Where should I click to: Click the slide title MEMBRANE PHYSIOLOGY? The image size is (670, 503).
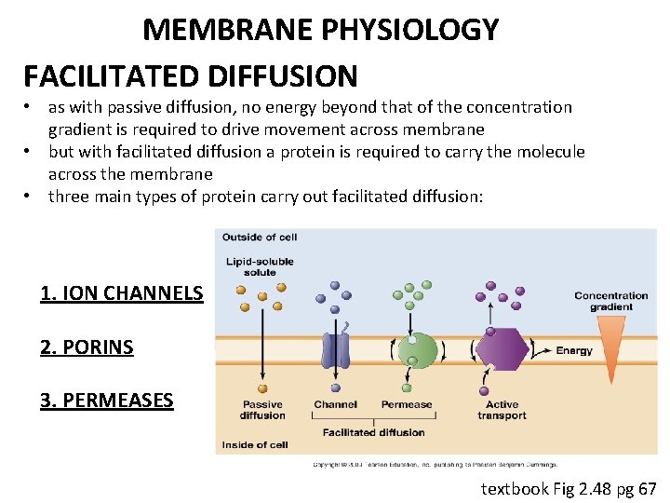click(320, 30)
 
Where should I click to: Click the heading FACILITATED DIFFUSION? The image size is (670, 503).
click(190, 75)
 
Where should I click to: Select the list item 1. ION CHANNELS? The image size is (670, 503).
click(122, 293)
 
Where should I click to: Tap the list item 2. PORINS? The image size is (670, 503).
click(87, 347)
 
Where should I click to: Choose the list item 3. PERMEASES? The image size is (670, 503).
click(106, 401)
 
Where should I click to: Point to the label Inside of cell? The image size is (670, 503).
click(255, 444)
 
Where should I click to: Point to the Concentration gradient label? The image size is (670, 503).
click(611, 301)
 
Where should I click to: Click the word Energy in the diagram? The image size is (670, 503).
click(574, 351)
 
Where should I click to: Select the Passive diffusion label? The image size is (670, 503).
click(262, 410)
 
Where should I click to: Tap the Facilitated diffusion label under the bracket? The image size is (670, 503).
click(374, 432)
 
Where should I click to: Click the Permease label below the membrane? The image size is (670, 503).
click(407, 404)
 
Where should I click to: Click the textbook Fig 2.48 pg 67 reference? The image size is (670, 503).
click(568, 488)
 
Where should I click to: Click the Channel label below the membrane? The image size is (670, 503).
click(335, 404)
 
